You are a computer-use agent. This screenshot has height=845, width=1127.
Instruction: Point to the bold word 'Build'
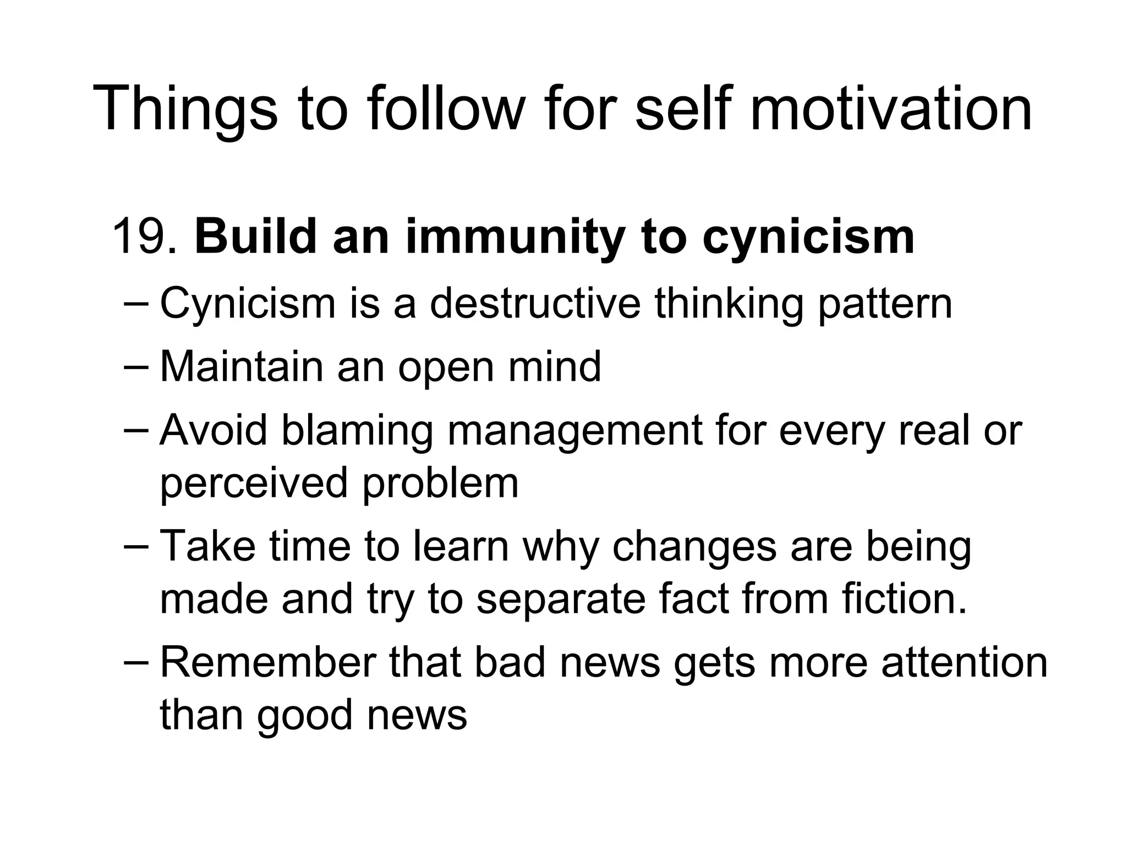pyautogui.click(x=255, y=237)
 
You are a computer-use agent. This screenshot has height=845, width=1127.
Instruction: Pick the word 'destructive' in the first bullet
pyautogui.click(x=535, y=303)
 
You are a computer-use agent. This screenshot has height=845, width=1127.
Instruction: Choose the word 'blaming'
pyautogui.click(x=357, y=431)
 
